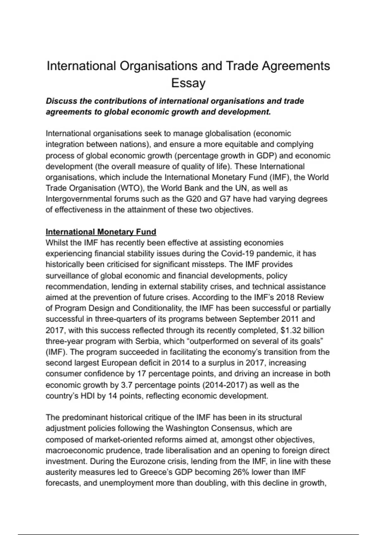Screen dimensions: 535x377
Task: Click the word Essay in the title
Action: pyautogui.click(x=188, y=83)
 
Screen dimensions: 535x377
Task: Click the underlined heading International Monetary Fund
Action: pyautogui.click(x=101, y=232)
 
